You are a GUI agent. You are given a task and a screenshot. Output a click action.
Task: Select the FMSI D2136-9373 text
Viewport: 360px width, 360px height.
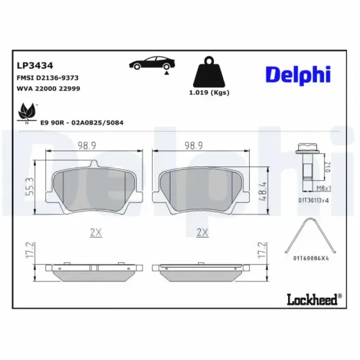coord(48,76)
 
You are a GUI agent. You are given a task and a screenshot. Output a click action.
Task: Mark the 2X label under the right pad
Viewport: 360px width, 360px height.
coord(202,233)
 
